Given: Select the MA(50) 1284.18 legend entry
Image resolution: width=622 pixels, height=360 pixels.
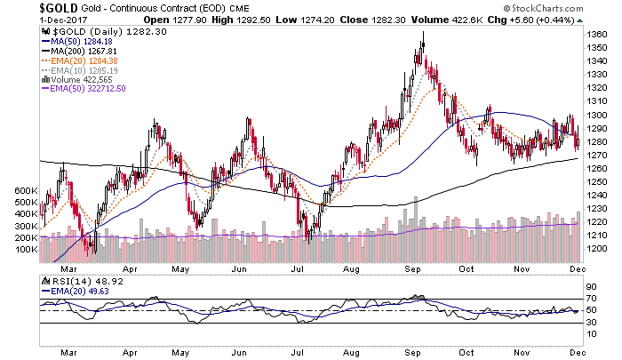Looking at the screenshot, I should point(81,42).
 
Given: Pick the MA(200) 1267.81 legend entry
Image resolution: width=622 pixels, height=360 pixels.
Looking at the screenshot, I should point(83,52).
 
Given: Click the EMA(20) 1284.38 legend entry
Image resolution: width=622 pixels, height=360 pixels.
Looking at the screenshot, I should point(84,61).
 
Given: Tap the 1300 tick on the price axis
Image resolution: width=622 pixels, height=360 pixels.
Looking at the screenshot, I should point(599,116).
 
